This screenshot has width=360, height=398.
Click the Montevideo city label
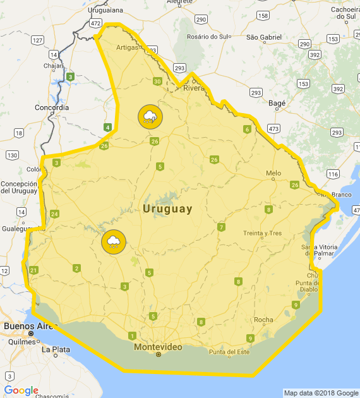[x=158, y=347]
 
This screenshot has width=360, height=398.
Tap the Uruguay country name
[x=167, y=208]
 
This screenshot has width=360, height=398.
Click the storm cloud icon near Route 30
[x=150, y=116]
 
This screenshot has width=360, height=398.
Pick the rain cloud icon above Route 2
[x=114, y=242]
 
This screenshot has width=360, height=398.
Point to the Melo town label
[x=273, y=173]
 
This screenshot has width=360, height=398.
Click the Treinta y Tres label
[x=263, y=233]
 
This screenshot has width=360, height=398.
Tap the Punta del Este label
[x=229, y=352]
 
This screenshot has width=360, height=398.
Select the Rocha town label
[x=263, y=320]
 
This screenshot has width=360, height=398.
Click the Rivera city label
[x=195, y=88]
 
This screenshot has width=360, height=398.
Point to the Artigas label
[x=127, y=47]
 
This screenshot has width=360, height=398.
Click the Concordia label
[x=52, y=107]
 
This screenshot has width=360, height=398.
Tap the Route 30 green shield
[x=157, y=81]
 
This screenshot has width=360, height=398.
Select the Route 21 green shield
[x=33, y=270]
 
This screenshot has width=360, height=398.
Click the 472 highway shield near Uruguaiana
[x=95, y=23]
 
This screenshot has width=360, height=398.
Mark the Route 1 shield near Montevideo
[x=132, y=335]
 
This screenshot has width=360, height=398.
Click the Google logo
[x=21, y=390]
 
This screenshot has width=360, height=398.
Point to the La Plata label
[x=56, y=349]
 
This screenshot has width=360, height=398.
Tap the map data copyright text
[x=321, y=393]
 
